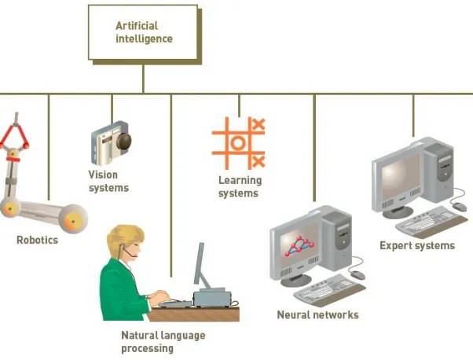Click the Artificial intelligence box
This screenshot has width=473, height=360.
coord(143,32)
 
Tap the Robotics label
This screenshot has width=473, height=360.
coord(37,241)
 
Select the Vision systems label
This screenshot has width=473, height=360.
coord(108,181)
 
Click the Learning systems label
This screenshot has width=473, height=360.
coord(240,186)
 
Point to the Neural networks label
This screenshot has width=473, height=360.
coord(317,314)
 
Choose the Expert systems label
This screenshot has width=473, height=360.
coord(417,245)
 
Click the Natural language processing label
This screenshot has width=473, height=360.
coord(163,342)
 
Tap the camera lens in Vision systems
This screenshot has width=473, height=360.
coord(124,141)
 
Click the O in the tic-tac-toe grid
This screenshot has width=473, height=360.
coord(238,143)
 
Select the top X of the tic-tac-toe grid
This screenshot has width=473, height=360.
coord(258,124)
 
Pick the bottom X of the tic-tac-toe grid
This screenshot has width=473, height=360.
coord(258,161)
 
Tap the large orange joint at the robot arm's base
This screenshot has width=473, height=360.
coord(73,219)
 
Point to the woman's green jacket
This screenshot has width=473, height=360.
coord(121,291)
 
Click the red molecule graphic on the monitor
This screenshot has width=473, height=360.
coord(299,247)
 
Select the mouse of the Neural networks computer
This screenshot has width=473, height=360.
coord(357,274)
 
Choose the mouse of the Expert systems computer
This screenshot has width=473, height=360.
coord(460,207)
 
